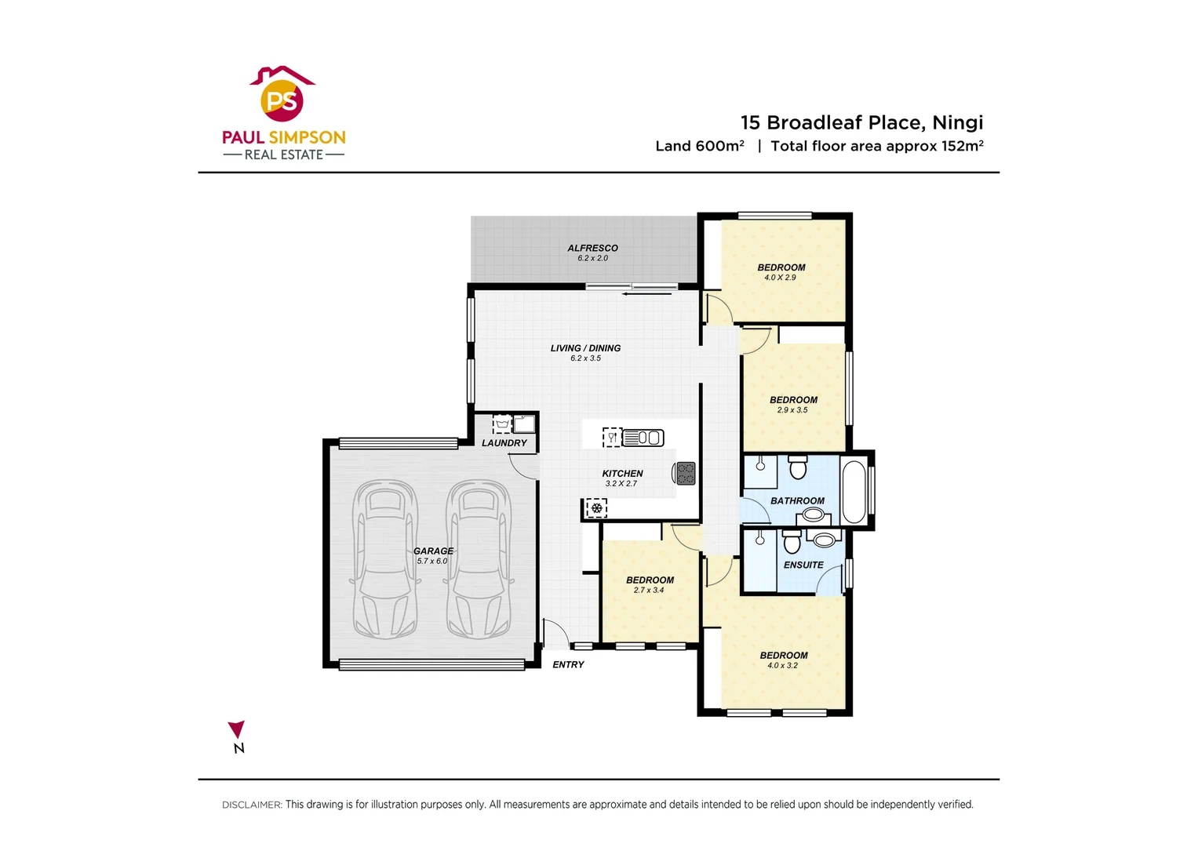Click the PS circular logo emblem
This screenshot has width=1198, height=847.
(x=282, y=100)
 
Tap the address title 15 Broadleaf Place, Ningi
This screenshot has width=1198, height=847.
(x=861, y=122)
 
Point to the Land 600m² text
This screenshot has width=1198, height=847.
(x=699, y=146)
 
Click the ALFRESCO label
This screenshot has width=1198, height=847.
(x=592, y=248)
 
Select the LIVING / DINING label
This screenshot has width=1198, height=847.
(x=585, y=348)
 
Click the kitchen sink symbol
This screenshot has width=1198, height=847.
(x=643, y=438)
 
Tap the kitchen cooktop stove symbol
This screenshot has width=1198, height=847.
(x=685, y=473)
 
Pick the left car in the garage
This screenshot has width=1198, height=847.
(x=384, y=558)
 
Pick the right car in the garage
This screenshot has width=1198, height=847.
(x=479, y=558)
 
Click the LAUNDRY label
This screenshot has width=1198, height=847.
(x=504, y=443)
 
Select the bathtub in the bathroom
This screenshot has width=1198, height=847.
(x=853, y=492)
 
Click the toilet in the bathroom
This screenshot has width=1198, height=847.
(x=798, y=467)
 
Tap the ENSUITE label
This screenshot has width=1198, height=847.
(x=803, y=565)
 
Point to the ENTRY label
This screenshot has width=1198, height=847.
(x=568, y=664)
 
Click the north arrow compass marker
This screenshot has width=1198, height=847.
(x=236, y=730)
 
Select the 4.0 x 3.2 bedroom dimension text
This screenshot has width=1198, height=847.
(x=782, y=666)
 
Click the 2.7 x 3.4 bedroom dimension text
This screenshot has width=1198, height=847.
(x=649, y=591)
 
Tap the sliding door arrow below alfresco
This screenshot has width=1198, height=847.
(x=647, y=294)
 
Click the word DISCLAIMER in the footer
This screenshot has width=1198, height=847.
(x=251, y=805)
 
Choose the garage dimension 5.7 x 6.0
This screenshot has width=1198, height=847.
(x=431, y=561)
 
